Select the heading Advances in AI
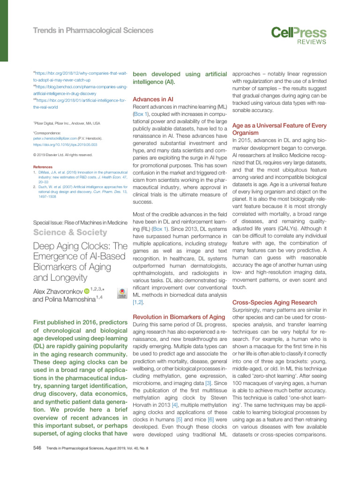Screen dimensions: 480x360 point(153,99)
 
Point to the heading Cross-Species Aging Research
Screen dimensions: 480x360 point(274,302)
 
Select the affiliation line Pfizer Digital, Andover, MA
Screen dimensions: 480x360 point(67,123)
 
